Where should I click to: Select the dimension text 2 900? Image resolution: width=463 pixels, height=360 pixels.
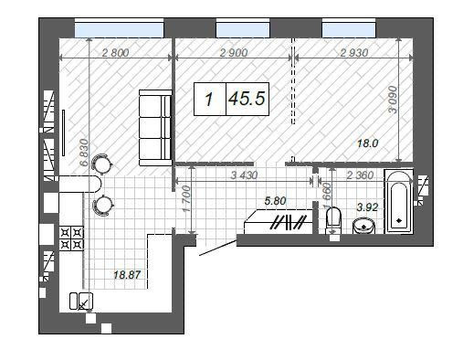click(234, 53)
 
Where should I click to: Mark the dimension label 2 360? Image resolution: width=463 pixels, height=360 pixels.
click(359, 175)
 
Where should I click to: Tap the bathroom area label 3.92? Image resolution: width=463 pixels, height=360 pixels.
click(365, 207)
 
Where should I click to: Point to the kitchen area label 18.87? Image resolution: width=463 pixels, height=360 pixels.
click(128, 274)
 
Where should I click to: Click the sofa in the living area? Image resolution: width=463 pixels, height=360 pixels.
click(155, 126)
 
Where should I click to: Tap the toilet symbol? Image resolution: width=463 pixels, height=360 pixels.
click(334, 219)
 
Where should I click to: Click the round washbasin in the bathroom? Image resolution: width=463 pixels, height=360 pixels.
click(365, 226)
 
